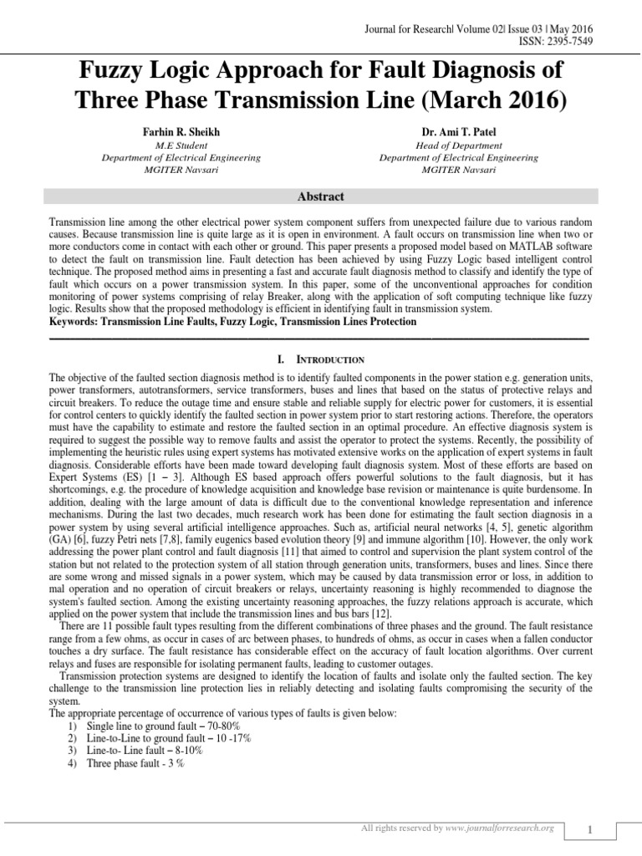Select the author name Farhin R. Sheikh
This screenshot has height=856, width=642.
(x=181, y=132)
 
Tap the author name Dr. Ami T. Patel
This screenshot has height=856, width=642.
(x=459, y=132)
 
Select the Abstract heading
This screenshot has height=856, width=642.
(x=320, y=197)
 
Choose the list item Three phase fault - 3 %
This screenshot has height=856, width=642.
(x=135, y=763)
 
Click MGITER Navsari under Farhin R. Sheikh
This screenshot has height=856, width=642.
(x=181, y=170)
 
